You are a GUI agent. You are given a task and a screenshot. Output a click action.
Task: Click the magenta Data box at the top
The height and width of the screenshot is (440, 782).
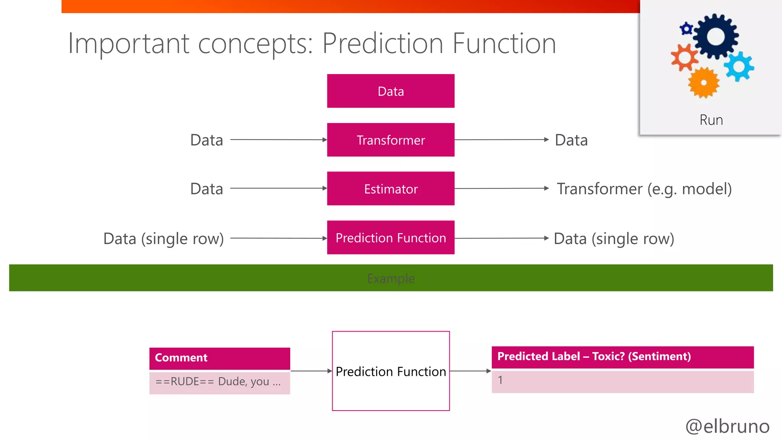pyautogui.click(x=391, y=91)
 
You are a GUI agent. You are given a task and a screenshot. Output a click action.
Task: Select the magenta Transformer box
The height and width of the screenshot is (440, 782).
pyautogui.click(x=391, y=140)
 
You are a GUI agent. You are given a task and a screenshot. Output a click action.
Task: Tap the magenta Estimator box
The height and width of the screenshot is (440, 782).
pyautogui.click(x=391, y=189)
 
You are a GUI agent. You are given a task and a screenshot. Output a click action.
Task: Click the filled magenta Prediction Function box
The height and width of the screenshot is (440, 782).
pyautogui.click(x=391, y=238)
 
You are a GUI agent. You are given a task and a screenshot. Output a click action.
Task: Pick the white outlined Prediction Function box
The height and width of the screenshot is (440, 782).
pyautogui.click(x=391, y=393)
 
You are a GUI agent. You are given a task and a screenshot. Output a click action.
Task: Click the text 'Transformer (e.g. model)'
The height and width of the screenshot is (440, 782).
pyautogui.click(x=644, y=189)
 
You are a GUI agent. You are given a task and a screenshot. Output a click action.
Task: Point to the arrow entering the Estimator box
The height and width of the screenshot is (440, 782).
pyautogui.click(x=279, y=188)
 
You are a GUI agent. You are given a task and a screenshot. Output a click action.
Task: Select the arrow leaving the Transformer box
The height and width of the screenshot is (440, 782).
pyautogui.click(x=501, y=140)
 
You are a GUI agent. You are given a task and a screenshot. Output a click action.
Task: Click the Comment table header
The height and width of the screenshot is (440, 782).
pyautogui.click(x=220, y=358)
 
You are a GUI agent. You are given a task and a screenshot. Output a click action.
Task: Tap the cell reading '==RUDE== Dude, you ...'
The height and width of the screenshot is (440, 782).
pyautogui.click(x=220, y=382)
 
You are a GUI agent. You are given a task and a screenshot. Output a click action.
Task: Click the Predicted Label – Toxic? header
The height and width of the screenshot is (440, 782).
pyautogui.click(x=622, y=357)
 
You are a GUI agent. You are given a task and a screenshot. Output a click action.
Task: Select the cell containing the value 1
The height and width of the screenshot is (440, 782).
pyautogui.click(x=622, y=381)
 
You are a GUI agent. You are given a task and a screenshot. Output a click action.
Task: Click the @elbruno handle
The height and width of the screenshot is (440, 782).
pyautogui.click(x=727, y=426)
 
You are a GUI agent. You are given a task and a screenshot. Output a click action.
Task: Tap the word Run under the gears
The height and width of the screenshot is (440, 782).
pyautogui.click(x=711, y=120)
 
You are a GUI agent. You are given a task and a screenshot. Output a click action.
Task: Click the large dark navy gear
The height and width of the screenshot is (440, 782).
pyautogui.click(x=716, y=37)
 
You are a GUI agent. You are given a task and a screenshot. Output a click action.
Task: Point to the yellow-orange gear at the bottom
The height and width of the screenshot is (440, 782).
pyautogui.click(x=704, y=82)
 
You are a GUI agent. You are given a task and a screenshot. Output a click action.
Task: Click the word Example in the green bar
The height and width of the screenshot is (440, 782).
pyautogui.click(x=391, y=278)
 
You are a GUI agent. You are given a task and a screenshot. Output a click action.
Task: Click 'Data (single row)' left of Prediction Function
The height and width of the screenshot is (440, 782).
pyautogui.click(x=163, y=239)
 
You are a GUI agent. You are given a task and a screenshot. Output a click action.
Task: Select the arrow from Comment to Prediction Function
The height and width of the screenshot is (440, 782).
pyautogui.click(x=311, y=371)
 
